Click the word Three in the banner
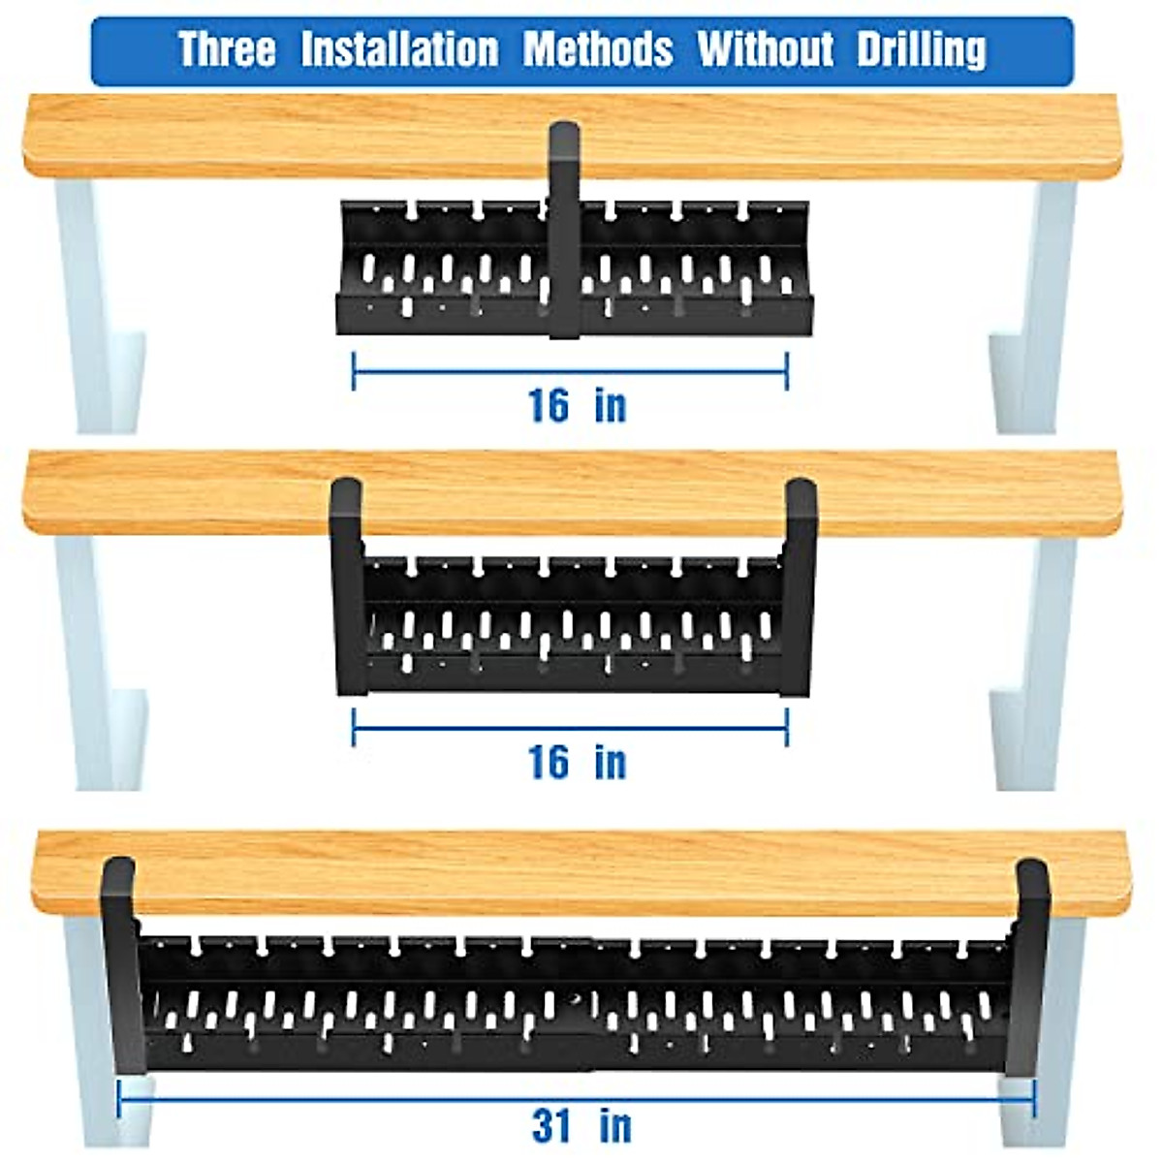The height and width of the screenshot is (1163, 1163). click(227, 49)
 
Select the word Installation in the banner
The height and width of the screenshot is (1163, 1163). click(399, 49)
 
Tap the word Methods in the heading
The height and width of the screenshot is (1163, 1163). click(598, 49)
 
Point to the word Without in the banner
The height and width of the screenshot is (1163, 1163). click(766, 49)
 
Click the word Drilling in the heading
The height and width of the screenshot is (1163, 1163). click(922, 49)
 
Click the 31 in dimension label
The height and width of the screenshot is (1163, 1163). click(581, 1126)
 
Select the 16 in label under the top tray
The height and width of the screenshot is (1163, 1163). click(577, 405)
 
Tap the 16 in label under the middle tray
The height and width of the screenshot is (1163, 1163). click(577, 762)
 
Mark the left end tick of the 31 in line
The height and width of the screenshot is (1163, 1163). click(118, 1099)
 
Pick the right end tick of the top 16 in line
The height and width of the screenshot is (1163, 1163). click(787, 371)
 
